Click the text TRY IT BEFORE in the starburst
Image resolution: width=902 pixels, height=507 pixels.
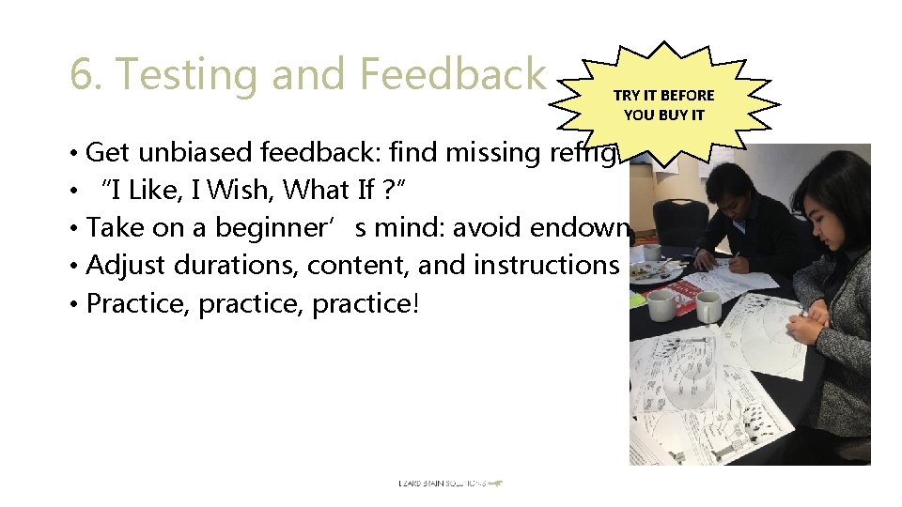click(x=663, y=95)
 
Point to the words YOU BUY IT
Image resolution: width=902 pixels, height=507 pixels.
click(x=663, y=115)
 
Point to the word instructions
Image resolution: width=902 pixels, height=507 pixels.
click(x=546, y=266)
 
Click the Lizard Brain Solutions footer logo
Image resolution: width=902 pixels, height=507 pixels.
click(x=450, y=484)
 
